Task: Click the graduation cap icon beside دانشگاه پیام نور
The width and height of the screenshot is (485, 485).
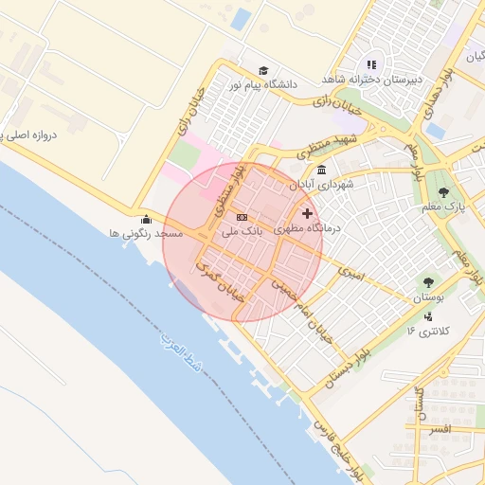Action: click(263, 71)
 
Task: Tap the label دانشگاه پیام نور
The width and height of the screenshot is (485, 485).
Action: click(261, 84)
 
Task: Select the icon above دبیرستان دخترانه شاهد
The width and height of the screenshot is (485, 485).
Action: click(371, 65)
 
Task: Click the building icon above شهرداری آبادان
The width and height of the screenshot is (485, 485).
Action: click(322, 171)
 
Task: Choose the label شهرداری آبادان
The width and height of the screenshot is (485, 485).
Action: click(322, 184)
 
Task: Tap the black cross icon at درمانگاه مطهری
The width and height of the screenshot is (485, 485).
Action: click(307, 214)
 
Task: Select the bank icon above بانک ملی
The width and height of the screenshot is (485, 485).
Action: click(241, 217)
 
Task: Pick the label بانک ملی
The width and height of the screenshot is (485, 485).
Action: click(241, 230)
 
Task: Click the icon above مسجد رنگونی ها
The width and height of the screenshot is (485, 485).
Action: click(145, 220)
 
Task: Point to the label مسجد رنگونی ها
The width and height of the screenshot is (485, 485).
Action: click(145, 233)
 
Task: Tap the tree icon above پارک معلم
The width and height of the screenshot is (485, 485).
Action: click(444, 192)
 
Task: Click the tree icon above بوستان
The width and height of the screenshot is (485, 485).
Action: click(428, 282)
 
